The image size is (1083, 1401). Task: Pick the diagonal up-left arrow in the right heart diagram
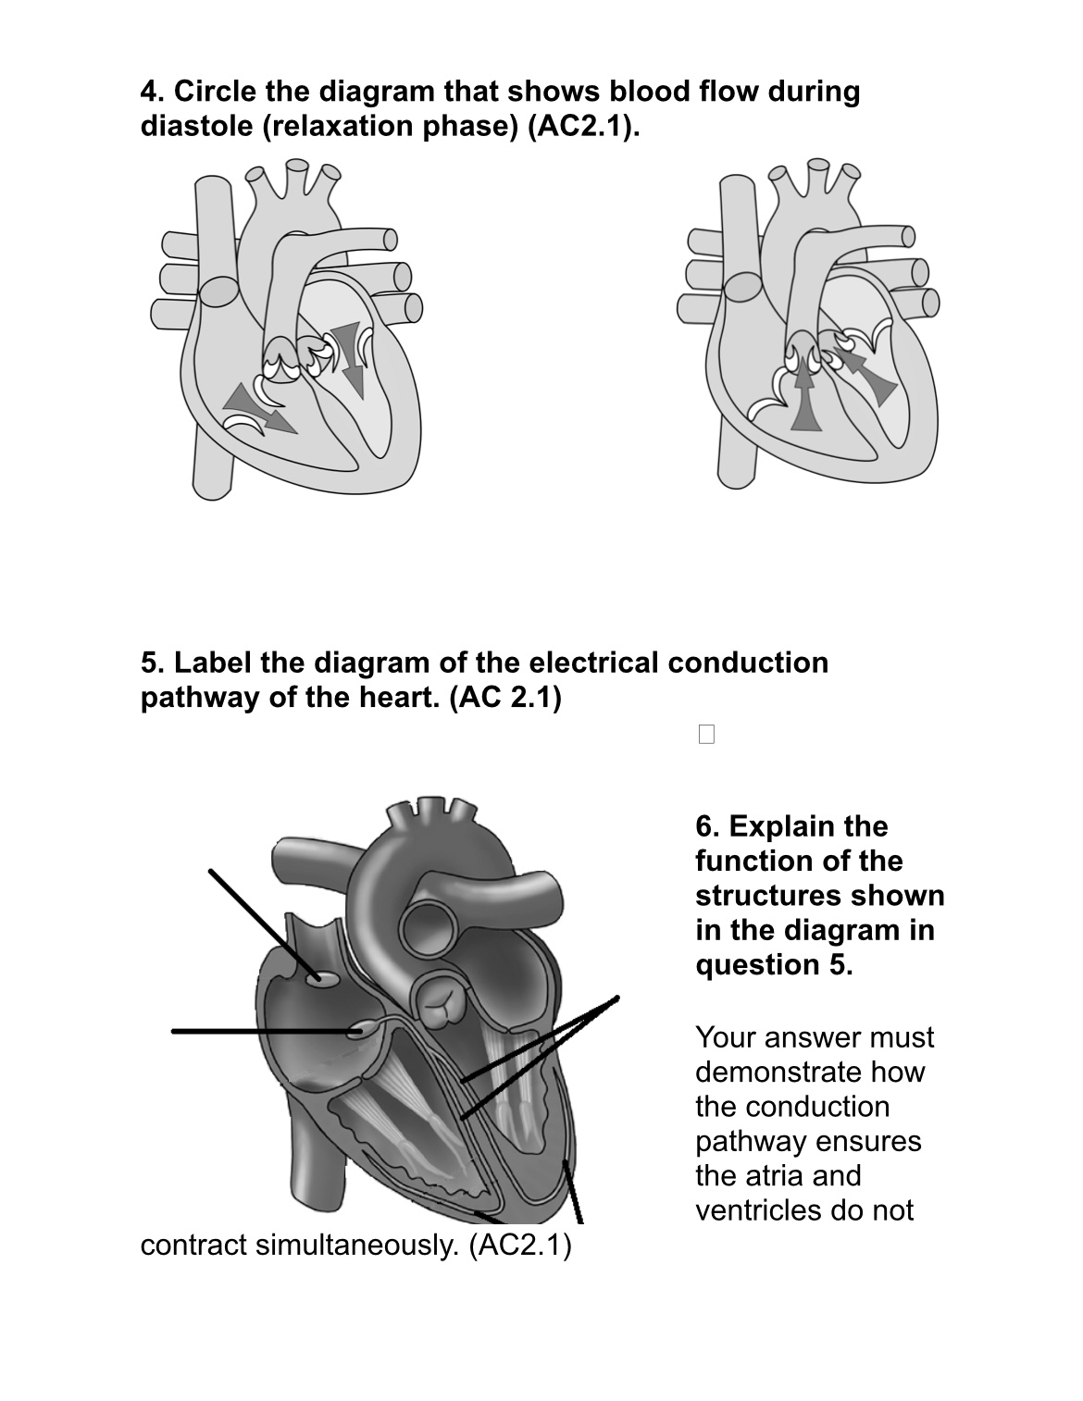click(x=869, y=370)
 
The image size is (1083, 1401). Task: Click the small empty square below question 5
click(x=707, y=735)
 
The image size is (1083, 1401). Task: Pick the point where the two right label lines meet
click(x=616, y=998)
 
